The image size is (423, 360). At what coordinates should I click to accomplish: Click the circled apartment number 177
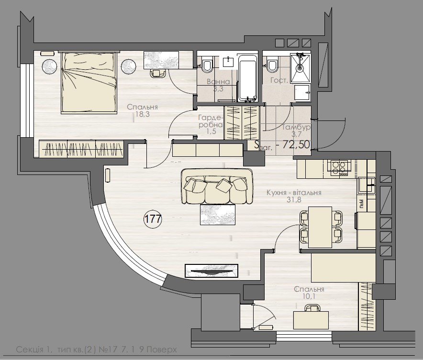153,219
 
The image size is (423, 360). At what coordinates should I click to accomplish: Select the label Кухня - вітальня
294,193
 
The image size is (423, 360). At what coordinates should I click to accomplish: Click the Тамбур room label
297,128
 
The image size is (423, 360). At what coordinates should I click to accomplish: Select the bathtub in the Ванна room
248,78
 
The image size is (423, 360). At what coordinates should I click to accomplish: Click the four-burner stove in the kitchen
339,167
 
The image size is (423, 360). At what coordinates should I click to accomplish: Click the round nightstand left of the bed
49,67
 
